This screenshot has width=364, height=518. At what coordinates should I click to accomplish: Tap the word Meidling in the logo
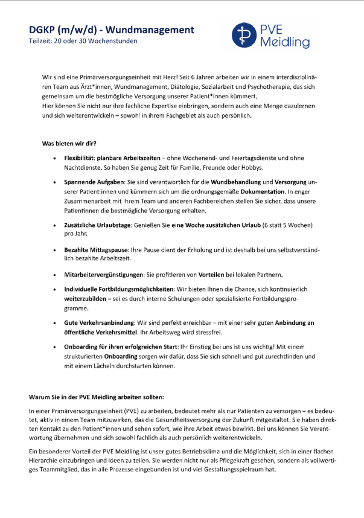(286, 43)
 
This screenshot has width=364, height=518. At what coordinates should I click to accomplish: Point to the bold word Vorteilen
(211, 274)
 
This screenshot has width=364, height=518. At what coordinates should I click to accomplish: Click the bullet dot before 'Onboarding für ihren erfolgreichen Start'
(56, 348)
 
